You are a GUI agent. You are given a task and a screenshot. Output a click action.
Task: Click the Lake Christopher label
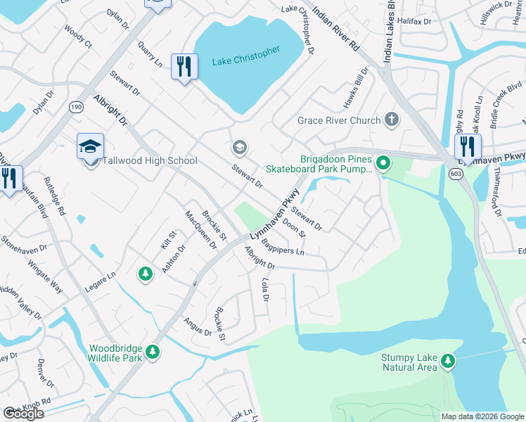246,56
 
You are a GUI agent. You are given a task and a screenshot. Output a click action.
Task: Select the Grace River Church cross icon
392,120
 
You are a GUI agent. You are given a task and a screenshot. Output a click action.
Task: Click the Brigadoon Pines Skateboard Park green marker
383,164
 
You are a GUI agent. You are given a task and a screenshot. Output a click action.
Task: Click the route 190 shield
75,107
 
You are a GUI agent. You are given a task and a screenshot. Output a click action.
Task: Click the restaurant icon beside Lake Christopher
184,67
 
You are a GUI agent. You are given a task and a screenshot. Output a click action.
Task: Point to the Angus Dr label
198,326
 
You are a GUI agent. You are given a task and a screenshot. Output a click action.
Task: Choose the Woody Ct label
78,37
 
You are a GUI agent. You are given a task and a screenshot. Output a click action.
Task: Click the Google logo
24,414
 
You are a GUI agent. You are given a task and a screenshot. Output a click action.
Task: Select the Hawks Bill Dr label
356,88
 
